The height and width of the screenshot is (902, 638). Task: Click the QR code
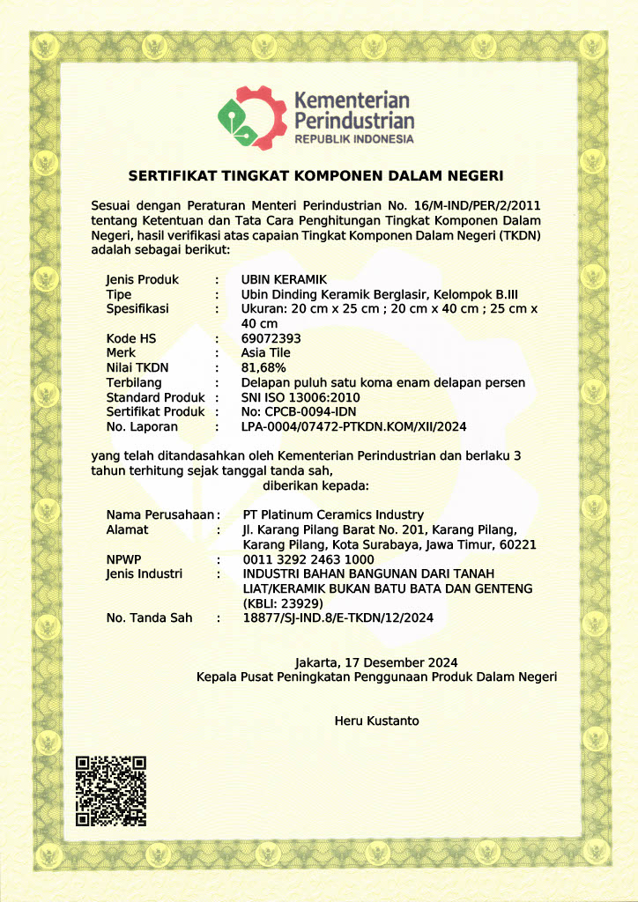click(110, 790)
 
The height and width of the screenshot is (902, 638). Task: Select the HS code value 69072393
click(271, 338)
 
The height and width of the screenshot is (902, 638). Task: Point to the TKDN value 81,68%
click(263, 367)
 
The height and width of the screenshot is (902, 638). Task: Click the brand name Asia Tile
click(265, 353)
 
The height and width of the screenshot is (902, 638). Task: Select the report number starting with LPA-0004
click(353, 426)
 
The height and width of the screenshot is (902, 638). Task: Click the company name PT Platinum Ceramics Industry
click(332, 514)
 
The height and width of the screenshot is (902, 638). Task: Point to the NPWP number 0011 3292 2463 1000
click(308, 558)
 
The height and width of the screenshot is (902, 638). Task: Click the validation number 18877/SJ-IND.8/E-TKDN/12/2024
click(338, 617)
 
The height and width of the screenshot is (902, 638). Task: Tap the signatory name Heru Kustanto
click(376, 721)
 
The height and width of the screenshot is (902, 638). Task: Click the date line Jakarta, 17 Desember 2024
click(375, 662)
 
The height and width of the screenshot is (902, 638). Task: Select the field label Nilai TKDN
click(137, 367)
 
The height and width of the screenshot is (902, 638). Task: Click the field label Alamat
click(127, 529)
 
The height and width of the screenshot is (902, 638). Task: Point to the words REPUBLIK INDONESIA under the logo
click(353, 140)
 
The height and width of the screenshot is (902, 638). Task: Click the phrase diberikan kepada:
click(316, 484)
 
